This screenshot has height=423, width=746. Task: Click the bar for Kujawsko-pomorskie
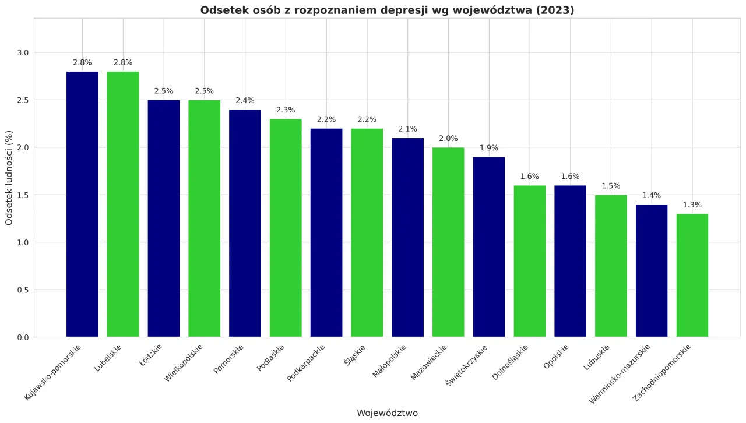(82, 204)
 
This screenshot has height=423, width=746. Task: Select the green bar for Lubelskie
(123, 204)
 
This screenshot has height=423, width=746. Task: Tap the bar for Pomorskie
(245, 223)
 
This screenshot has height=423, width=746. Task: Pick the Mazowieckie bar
(448, 242)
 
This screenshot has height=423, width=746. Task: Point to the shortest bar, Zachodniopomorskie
(692, 275)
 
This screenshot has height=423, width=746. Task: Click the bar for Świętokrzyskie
(489, 246)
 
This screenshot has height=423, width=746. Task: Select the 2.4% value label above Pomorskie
(245, 101)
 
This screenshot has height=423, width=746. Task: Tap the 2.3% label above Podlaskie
(286, 110)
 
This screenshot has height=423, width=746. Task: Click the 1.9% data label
(489, 148)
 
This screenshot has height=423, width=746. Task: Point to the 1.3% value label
(692, 205)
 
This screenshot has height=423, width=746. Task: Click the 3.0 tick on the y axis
(23, 53)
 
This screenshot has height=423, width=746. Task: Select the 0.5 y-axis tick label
(23, 290)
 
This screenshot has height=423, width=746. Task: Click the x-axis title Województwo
(387, 413)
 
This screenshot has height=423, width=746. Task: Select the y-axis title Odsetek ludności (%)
(9, 178)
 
